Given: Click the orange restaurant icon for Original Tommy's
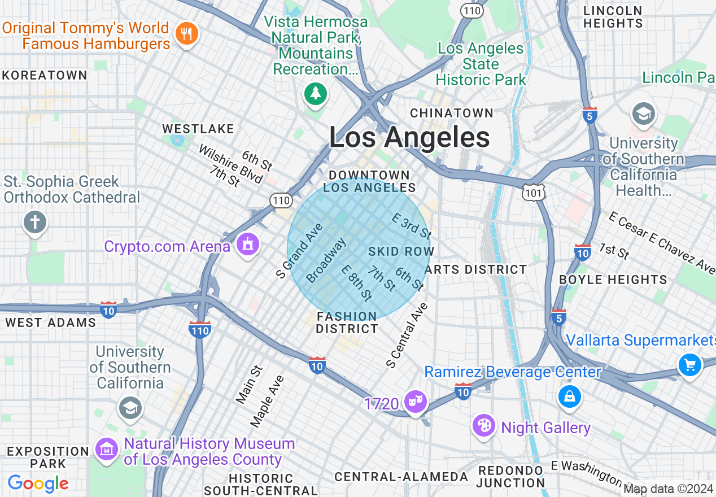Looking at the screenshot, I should point(185,34).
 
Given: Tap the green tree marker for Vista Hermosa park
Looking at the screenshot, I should point(315,93).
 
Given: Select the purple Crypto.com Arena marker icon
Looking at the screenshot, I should point(247,245).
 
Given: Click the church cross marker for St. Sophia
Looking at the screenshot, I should point(35,222).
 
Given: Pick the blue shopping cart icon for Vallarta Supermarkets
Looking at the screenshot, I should point(689,364).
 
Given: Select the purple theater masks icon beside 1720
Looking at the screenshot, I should point(416,402).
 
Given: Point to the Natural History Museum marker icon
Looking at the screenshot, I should point(107,450).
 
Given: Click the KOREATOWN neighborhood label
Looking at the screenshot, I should point(45,75).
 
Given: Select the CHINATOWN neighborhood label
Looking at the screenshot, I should point(452,113).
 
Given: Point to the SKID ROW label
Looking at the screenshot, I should point(401,251).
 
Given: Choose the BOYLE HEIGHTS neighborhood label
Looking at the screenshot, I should point(613,280).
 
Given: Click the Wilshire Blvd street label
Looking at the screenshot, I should point(230,164).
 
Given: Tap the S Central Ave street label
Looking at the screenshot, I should point(407,335).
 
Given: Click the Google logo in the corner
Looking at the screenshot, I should point(38,483).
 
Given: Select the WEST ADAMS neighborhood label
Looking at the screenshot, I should point(51,322).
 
